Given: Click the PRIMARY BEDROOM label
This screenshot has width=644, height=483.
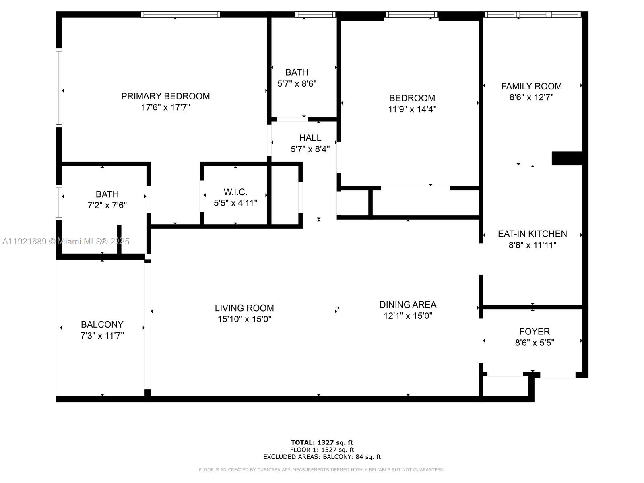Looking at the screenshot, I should (x=165, y=96).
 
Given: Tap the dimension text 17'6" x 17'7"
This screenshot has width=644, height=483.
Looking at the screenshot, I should (x=165, y=107).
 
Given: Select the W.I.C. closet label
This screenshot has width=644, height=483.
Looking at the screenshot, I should (x=235, y=192).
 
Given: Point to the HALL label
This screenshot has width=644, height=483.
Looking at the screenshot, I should (x=310, y=138).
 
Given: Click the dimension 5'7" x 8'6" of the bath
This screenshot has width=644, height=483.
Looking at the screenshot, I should (x=297, y=84).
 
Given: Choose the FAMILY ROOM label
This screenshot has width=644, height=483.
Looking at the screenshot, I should (x=531, y=86).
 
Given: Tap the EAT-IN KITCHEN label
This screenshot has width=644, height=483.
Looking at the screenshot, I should (x=532, y=234).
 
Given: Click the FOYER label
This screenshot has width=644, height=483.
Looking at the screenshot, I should (x=534, y=332).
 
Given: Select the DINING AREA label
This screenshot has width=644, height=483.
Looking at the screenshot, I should (x=408, y=305).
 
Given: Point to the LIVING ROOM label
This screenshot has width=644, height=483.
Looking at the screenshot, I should (x=244, y=308).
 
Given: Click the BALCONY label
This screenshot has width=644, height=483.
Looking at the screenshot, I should (x=102, y=324).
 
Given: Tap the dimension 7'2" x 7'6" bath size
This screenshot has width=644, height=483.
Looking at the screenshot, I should (x=107, y=205).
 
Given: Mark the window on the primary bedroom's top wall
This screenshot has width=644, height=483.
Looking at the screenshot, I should (x=180, y=14).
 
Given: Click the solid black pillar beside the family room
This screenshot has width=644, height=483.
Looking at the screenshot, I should (x=567, y=158).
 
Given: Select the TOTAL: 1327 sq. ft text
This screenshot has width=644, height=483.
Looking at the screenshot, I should (x=322, y=443).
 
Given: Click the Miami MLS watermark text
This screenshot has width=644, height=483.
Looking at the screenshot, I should (x=66, y=242).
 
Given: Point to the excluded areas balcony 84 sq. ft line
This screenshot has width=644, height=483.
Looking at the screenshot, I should (x=322, y=457).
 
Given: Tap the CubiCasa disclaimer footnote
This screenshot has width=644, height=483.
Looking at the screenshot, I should (x=322, y=470).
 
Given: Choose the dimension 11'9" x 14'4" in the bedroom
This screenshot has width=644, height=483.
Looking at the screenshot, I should (x=412, y=109).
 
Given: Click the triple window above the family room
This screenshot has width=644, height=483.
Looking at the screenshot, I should (x=533, y=14).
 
